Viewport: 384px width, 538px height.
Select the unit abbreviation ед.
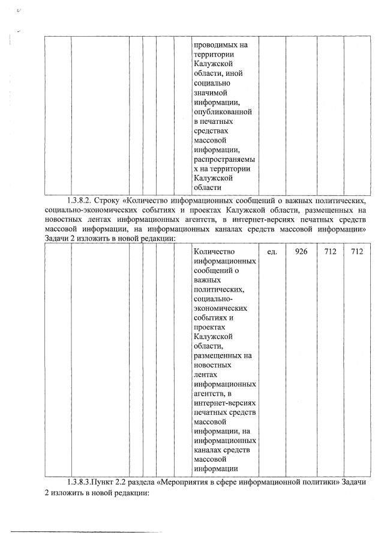[x=271, y=251]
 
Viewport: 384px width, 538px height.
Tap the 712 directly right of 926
[x=330, y=251]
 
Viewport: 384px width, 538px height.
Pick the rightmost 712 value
[x=357, y=251]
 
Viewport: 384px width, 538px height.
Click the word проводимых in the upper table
[x=216, y=44]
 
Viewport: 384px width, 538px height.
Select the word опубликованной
[x=223, y=112]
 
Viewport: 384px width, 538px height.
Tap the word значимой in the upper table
[x=210, y=93]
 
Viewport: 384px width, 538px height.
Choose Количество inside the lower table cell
[x=215, y=251]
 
